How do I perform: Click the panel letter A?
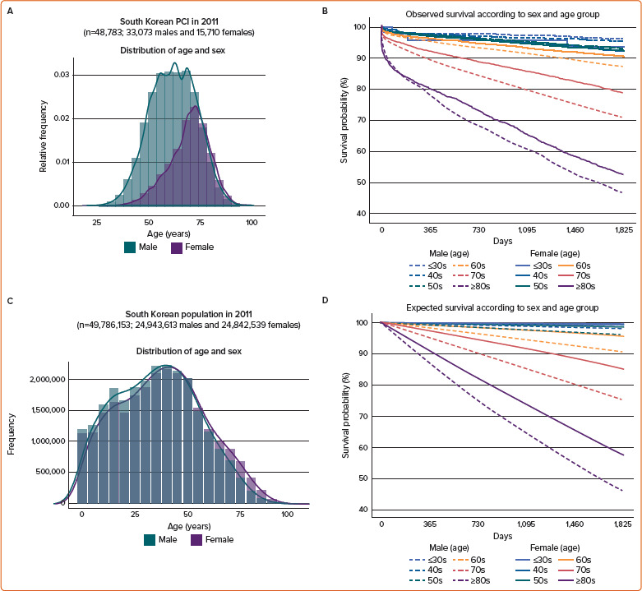coord(9,10)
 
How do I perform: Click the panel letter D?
coord(326,299)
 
